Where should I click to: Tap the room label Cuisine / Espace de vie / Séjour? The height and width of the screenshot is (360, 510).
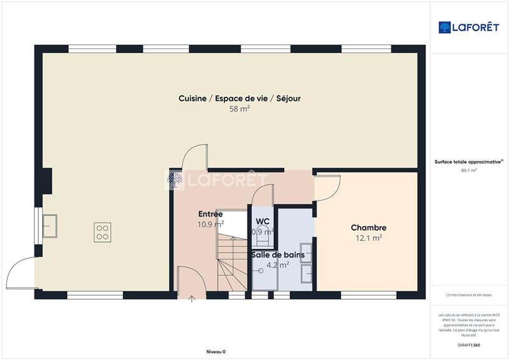[239, 98]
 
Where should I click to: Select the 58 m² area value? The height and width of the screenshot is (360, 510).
[239, 109]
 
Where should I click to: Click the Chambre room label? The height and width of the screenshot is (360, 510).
[368, 227]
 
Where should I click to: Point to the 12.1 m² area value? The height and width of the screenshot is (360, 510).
[368, 238]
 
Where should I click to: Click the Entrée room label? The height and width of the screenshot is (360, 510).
[210, 214]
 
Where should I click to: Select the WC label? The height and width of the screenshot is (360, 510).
[263, 221]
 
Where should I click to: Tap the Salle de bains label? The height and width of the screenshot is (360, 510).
[273, 254]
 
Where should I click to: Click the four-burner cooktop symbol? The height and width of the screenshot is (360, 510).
[103, 231]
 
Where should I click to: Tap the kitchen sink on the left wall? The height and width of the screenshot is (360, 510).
[49, 224]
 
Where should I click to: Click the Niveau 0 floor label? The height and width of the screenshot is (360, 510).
[215, 352]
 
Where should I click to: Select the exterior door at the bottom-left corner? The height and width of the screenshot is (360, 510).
[20, 273]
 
